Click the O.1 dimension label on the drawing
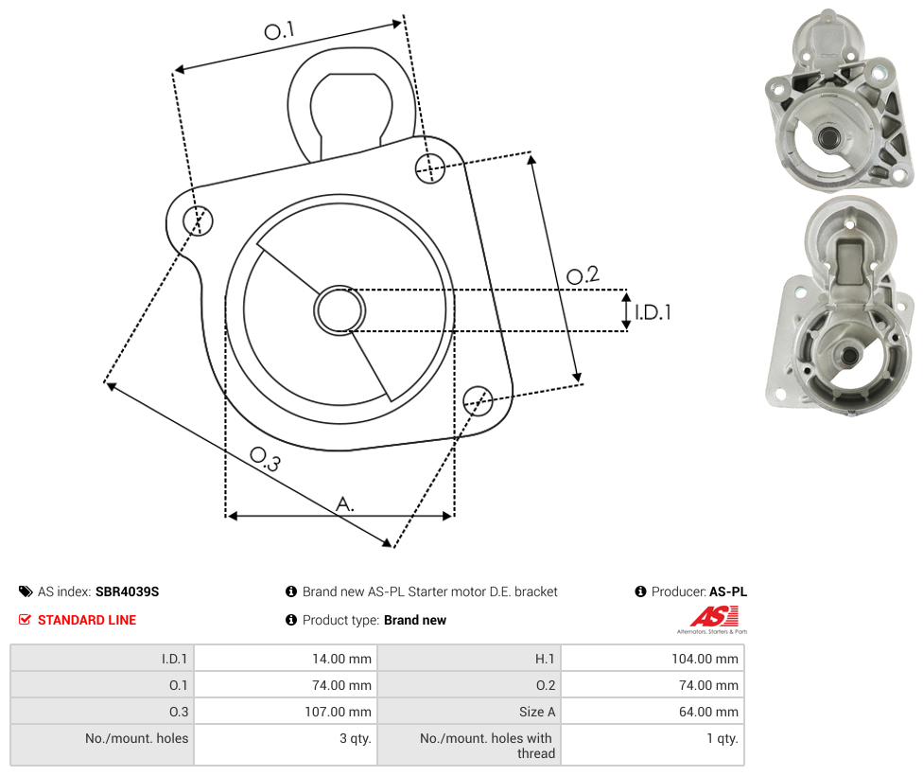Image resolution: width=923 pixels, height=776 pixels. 279,30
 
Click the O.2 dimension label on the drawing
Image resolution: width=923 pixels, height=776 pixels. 583,275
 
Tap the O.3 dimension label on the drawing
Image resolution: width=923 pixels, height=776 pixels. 265,459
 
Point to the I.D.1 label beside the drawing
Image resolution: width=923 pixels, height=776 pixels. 653,312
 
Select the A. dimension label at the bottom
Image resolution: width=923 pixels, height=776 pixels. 345,504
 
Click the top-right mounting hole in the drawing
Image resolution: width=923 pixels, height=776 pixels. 430,168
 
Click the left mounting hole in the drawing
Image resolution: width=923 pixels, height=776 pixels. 199,220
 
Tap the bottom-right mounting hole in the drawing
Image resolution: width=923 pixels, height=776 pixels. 478,400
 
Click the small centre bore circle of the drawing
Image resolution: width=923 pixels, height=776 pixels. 340,310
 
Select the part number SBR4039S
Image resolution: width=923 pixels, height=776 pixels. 127,591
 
